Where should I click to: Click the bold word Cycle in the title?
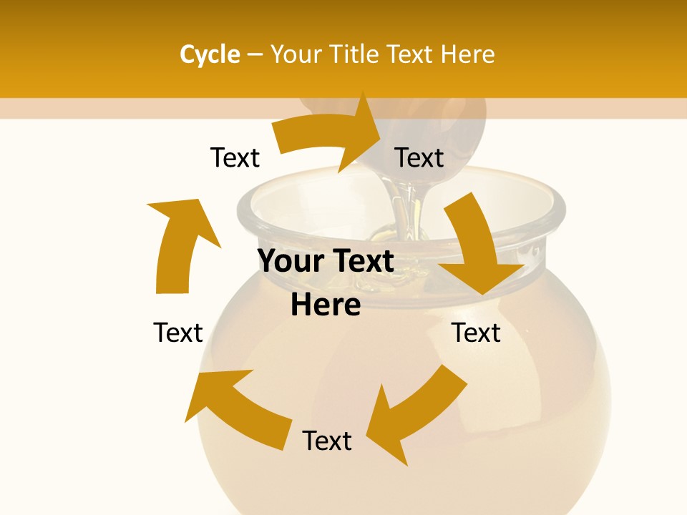tap(210, 54)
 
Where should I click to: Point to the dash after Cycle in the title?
tap(255, 55)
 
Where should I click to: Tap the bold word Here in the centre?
tap(326, 305)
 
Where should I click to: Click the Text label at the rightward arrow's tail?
tap(235, 157)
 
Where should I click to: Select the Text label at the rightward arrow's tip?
tap(419, 157)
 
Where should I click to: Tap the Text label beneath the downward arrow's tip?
tap(476, 333)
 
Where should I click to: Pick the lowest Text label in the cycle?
tap(326, 441)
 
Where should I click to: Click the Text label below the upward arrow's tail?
tap(178, 333)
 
